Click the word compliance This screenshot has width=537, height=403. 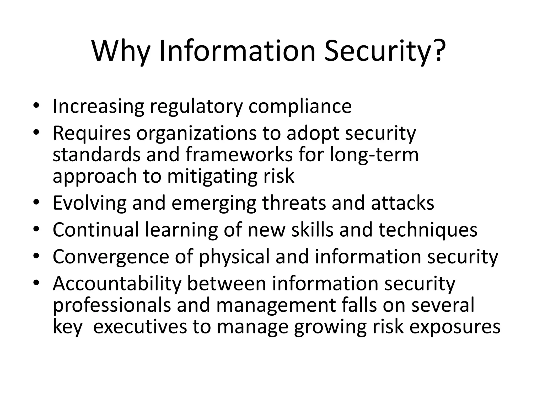[300, 106]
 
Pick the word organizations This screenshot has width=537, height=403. [196, 134]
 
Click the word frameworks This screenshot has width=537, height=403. [239, 155]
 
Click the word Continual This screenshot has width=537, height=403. [96, 230]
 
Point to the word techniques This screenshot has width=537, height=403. [428, 230]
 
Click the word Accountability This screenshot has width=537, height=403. [117, 284]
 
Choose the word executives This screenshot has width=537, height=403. [140, 327]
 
